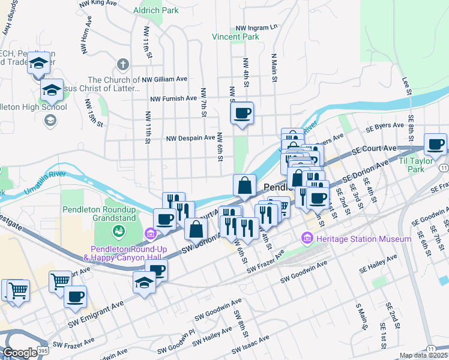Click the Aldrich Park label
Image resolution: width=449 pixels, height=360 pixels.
[157, 10]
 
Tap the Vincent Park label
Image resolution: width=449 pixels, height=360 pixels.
[235, 37]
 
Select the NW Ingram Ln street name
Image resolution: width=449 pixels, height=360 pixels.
[256, 28]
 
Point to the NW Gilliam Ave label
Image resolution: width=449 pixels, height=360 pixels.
[165, 79]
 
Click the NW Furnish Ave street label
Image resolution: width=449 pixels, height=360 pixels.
[173, 98]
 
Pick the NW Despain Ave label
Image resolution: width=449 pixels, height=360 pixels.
[190, 137]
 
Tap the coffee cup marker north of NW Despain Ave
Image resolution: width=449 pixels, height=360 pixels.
[242, 113]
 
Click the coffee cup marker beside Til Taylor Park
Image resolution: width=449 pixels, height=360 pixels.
[435, 145]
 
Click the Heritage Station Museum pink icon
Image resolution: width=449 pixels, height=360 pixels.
[307, 239]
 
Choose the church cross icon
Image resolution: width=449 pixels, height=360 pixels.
[122, 64]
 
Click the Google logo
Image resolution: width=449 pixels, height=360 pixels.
[20, 353]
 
